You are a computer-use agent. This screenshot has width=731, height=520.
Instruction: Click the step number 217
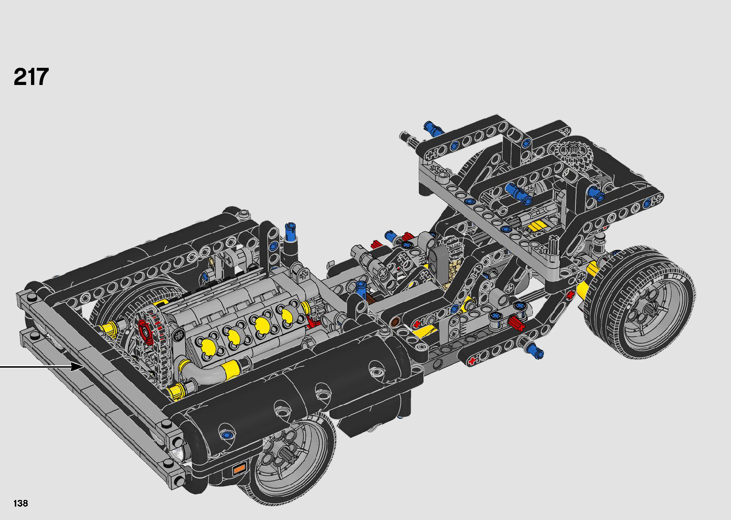(31, 77)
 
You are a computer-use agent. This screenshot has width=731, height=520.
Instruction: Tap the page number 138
(21, 503)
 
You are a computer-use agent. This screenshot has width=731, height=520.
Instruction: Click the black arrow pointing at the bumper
(42, 367)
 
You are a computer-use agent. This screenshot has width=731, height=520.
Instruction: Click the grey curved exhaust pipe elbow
(209, 370)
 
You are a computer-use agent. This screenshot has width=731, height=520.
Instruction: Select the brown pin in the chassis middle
(394, 321)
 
